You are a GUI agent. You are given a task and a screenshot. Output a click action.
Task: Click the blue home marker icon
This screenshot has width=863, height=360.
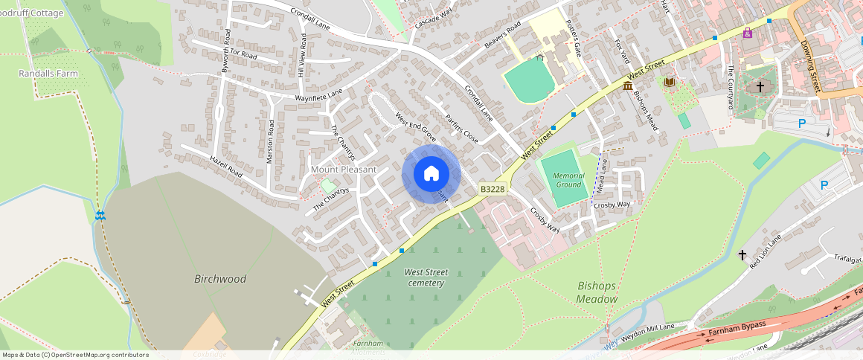431,174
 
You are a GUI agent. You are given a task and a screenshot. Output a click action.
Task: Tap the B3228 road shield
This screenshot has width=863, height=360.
492,190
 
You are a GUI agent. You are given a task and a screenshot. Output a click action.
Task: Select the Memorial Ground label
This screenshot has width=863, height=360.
568,180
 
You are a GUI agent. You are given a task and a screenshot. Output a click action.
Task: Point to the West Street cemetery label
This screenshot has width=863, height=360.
426,277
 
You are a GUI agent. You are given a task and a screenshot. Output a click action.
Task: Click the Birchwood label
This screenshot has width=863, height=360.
220,279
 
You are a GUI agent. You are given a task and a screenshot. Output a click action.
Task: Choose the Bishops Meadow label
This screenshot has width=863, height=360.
597,292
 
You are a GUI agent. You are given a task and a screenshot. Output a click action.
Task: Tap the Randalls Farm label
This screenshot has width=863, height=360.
48,74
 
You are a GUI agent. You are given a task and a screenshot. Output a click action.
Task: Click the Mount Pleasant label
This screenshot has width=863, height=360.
344,170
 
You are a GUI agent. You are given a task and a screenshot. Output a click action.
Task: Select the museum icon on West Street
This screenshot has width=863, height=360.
628,88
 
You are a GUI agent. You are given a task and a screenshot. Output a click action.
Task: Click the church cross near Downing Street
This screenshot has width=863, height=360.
760,87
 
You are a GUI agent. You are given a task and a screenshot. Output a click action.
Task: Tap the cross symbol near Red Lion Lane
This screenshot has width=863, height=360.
742,255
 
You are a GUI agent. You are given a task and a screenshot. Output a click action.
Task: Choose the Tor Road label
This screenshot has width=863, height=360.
243,54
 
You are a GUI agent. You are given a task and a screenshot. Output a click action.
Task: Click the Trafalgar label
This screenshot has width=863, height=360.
844,260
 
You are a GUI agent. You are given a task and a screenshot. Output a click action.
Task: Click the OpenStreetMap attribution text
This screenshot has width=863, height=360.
76,355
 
